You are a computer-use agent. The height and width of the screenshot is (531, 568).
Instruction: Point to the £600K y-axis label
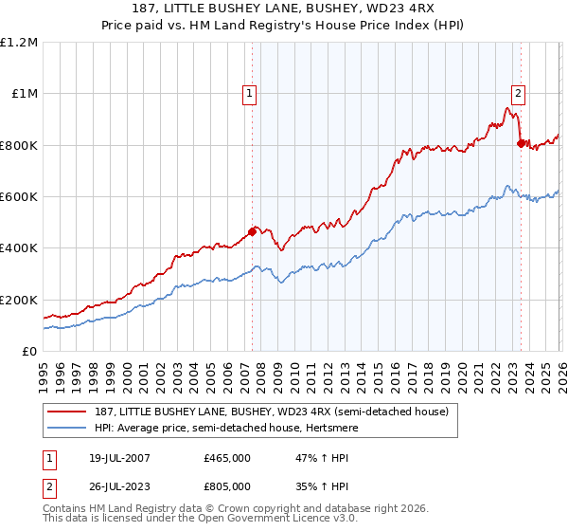click(x=19, y=197)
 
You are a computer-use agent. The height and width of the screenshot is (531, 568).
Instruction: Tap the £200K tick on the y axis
click(x=19, y=300)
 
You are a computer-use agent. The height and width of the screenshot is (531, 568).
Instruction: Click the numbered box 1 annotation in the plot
click(x=249, y=93)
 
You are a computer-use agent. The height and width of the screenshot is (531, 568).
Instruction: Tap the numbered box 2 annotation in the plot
click(x=519, y=93)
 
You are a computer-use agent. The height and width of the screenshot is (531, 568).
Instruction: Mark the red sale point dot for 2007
click(x=253, y=231)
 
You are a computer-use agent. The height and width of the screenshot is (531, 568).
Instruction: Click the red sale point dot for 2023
click(x=521, y=144)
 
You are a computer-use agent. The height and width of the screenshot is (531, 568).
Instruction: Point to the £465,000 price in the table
click(x=227, y=458)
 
